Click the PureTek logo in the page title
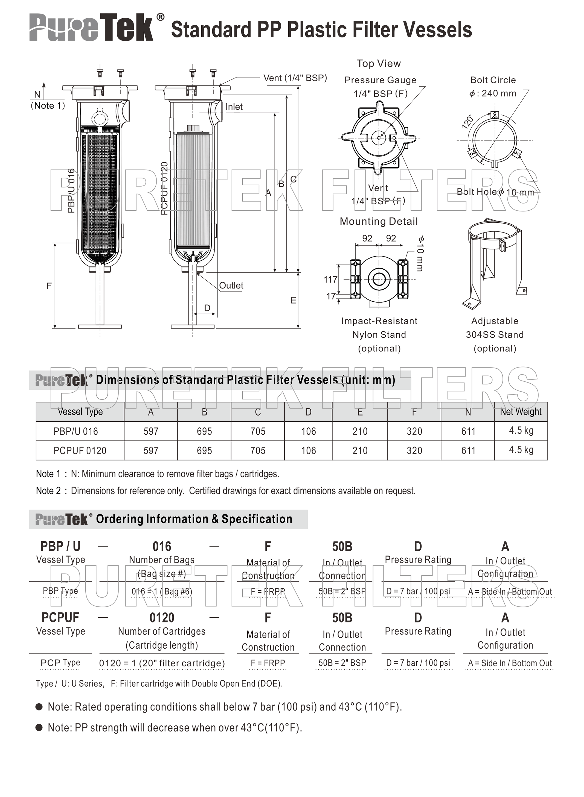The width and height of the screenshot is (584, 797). [91, 28]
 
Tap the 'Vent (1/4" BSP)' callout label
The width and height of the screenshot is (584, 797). [295, 78]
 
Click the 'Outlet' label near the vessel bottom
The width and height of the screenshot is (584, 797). [231, 286]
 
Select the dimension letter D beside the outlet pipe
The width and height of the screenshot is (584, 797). [207, 308]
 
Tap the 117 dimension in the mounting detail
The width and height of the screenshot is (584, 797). [330, 280]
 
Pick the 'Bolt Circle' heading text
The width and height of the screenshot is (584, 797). [493, 80]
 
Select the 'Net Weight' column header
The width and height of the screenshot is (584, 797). [520, 412]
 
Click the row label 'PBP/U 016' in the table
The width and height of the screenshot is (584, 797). [76, 431]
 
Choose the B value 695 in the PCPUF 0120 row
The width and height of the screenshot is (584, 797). [204, 451]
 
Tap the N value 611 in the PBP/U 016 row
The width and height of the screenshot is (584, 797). [468, 431]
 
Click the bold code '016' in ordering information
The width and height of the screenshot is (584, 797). [162, 547]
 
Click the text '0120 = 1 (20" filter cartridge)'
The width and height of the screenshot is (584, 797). [162, 663]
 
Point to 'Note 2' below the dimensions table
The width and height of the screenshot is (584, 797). [48, 491]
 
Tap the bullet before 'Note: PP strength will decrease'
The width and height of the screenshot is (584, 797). [39, 728]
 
